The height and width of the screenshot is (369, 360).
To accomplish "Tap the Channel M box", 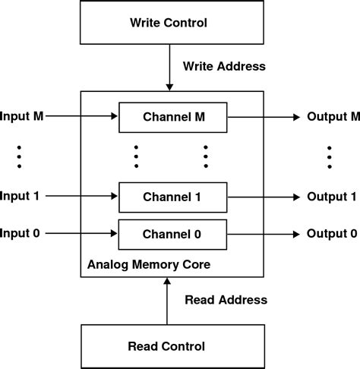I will click(172, 117).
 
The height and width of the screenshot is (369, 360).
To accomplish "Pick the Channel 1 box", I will click(172, 196).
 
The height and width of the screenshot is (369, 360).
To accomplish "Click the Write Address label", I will click(224, 66).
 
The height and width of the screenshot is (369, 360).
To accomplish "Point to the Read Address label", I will click(226, 299).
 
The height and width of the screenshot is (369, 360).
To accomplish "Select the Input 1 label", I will click(21, 196).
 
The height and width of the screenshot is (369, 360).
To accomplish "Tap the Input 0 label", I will click(21, 232).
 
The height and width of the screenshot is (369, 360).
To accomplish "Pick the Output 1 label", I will click(331, 196).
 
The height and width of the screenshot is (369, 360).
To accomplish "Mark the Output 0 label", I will click(331, 232).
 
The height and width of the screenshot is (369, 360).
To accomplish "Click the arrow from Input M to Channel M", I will click(82, 117).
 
